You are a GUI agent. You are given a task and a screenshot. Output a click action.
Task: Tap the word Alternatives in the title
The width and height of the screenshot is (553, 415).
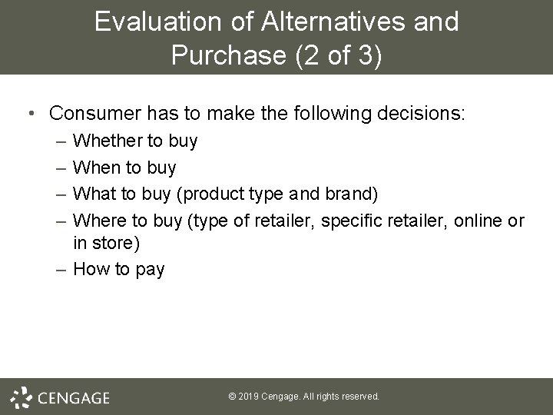(x=330, y=22)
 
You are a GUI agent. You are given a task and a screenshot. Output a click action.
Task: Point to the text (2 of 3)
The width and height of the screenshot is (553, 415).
(x=338, y=56)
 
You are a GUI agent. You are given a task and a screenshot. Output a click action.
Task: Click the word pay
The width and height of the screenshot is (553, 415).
(x=147, y=271)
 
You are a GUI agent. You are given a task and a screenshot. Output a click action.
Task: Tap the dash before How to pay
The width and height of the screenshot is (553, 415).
(x=61, y=271)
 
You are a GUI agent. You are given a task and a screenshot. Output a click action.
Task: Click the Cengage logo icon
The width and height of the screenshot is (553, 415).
(x=21, y=397)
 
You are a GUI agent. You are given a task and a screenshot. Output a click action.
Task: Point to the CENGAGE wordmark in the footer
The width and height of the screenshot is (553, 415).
(x=74, y=397)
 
